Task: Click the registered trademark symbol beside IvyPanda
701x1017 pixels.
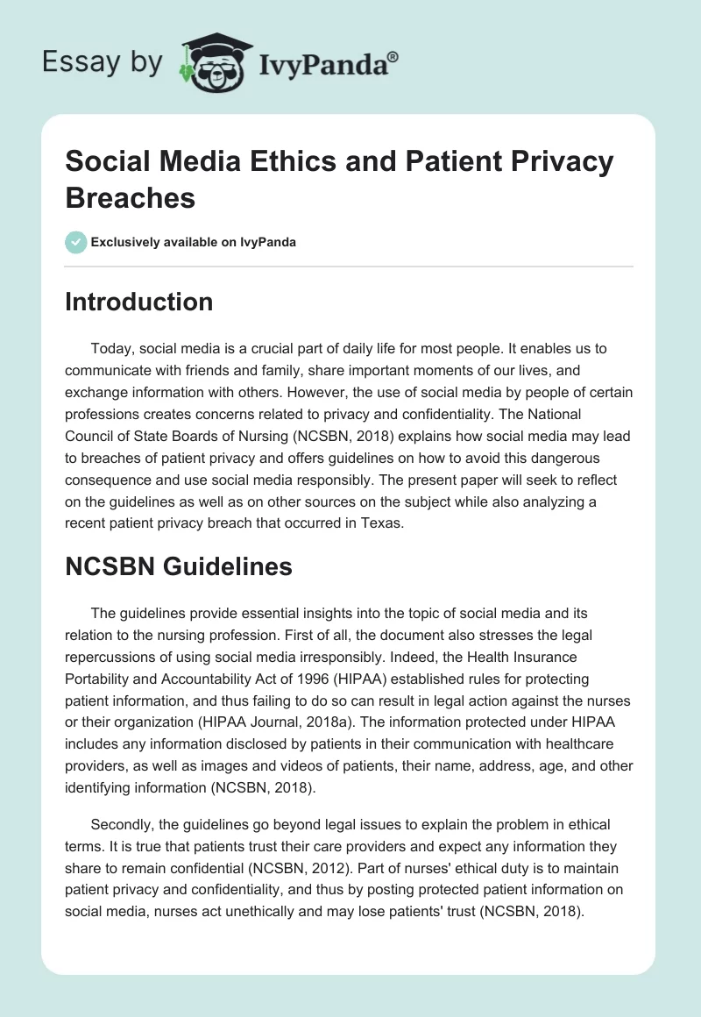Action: click(393, 57)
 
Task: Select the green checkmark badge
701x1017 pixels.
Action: click(75, 242)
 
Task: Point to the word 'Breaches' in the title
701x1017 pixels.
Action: click(131, 197)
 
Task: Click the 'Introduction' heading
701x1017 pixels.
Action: click(139, 302)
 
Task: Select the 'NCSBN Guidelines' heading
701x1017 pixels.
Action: click(179, 567)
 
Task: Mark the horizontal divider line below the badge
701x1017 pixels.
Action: click(350, 266)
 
